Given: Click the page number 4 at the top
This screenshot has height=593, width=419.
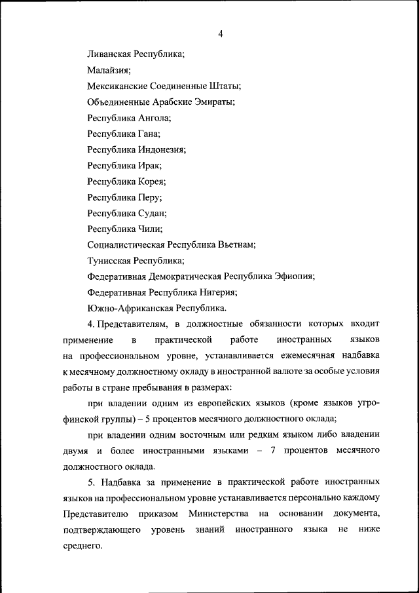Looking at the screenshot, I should click(221, 34).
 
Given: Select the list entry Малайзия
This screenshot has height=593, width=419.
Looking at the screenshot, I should click(109, 70).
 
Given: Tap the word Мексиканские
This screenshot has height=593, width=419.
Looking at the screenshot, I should click(118, 86).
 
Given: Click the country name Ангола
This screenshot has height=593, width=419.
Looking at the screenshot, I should click(155, 118).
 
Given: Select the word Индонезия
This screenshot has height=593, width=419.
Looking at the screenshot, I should click(162, 149).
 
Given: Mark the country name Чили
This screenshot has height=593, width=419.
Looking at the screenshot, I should click(151, 229).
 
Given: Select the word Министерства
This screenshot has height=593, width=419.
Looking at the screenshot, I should click(219, 514).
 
